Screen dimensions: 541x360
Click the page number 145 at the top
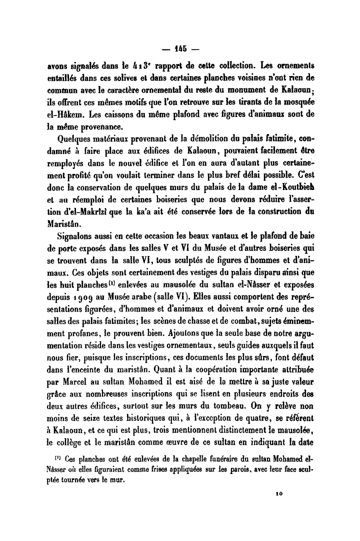(180, 49)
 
